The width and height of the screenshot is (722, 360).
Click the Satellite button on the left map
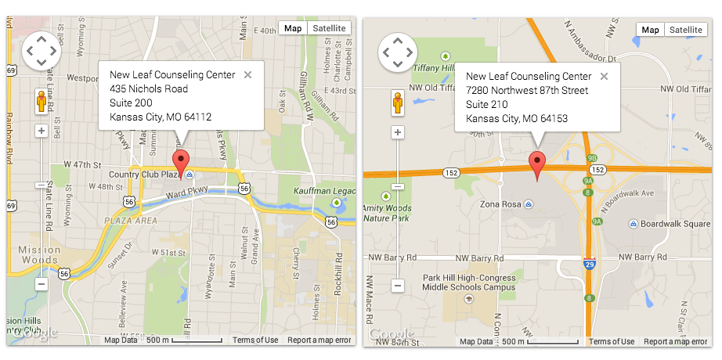[327, 28]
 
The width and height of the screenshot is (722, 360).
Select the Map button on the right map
[650, 30]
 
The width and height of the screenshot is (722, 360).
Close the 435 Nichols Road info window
[247, 75]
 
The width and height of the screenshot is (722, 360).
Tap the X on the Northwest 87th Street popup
[604, 77]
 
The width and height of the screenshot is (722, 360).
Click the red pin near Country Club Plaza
[182, 163]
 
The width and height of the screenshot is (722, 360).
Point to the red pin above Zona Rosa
[537, 164]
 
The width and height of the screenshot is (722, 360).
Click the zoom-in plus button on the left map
[41, 131]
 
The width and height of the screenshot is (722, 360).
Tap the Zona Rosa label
[501, 204]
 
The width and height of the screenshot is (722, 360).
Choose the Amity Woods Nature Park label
[388, 213]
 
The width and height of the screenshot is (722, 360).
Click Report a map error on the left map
[319, 340]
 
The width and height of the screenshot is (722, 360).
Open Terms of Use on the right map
[612, 342]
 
